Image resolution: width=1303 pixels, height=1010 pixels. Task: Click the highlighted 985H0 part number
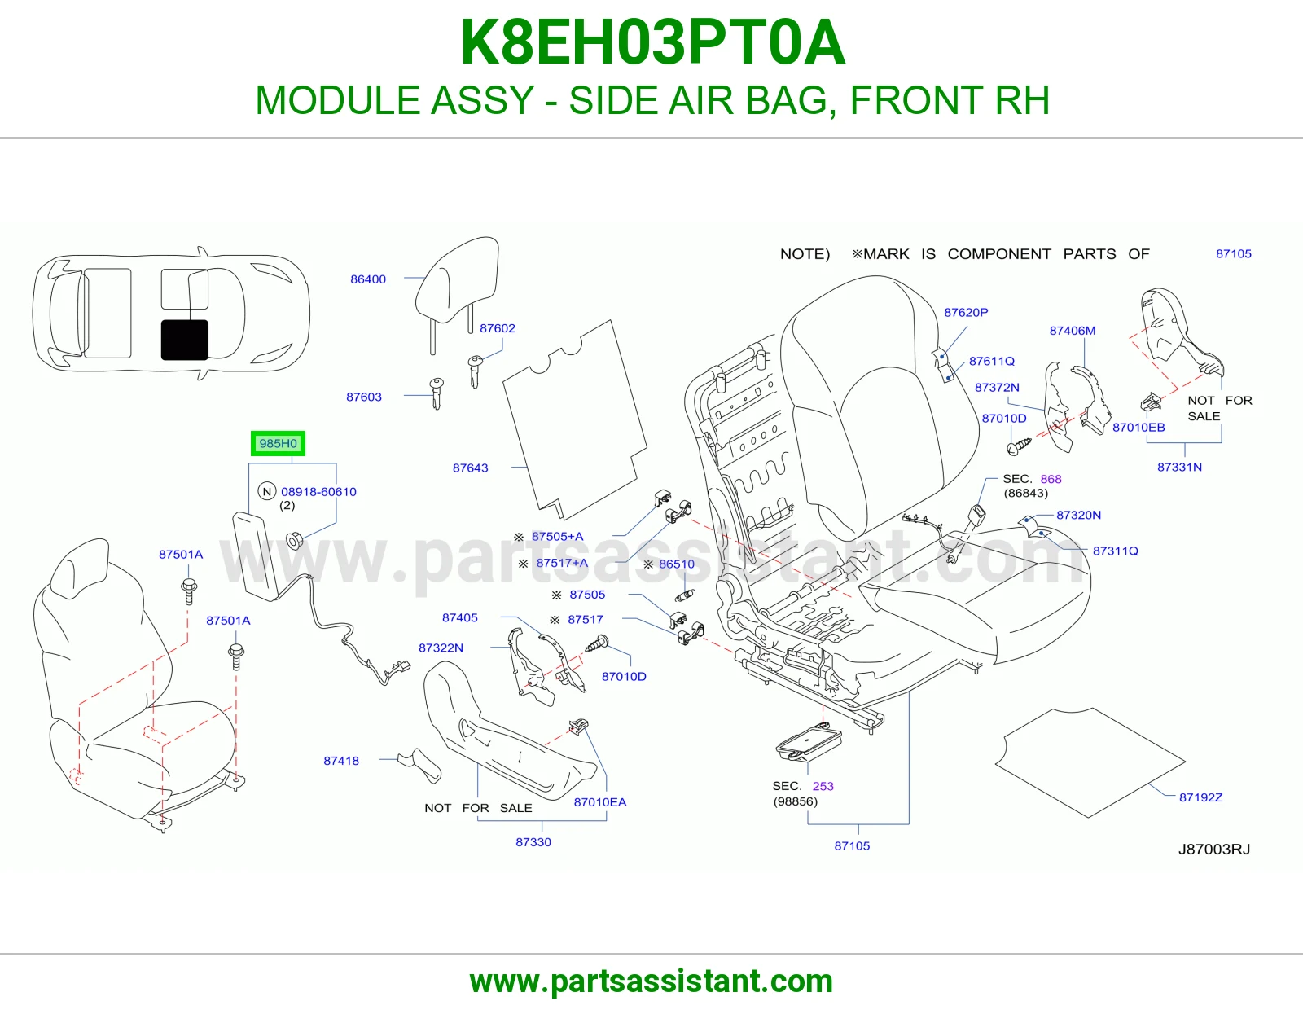tap(278, 443)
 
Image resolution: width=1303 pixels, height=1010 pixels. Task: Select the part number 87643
tap(470, 468)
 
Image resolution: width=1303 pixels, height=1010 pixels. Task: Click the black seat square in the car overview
tap(185, 340)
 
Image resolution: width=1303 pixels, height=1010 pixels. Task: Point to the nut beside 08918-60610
tap(294, 540)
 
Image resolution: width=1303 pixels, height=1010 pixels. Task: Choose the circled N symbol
tap(267, 491)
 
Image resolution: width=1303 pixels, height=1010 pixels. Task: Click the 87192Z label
tap(1200, 797)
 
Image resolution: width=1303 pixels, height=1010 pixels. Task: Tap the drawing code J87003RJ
tap(1214, 850)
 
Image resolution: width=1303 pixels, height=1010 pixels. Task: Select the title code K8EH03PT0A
tap(652, 42)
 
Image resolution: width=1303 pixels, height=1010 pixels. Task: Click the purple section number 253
tap(823, 786)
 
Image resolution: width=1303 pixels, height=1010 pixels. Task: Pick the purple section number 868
tap(1051, 479)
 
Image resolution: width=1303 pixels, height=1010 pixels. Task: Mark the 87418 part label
tap(341, 761)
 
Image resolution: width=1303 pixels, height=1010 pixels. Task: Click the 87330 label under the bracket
tap(533, 842)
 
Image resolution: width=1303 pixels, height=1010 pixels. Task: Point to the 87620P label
tap(966, 312)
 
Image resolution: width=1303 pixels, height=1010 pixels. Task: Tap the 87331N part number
tap(1179, 467)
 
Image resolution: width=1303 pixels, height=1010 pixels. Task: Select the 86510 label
tap(677, 564)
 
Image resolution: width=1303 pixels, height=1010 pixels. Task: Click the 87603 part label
tap(364, 397)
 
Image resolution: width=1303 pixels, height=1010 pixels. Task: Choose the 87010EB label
tap(1138, 427)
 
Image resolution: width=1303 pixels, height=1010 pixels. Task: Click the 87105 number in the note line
tap(1234, 253)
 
